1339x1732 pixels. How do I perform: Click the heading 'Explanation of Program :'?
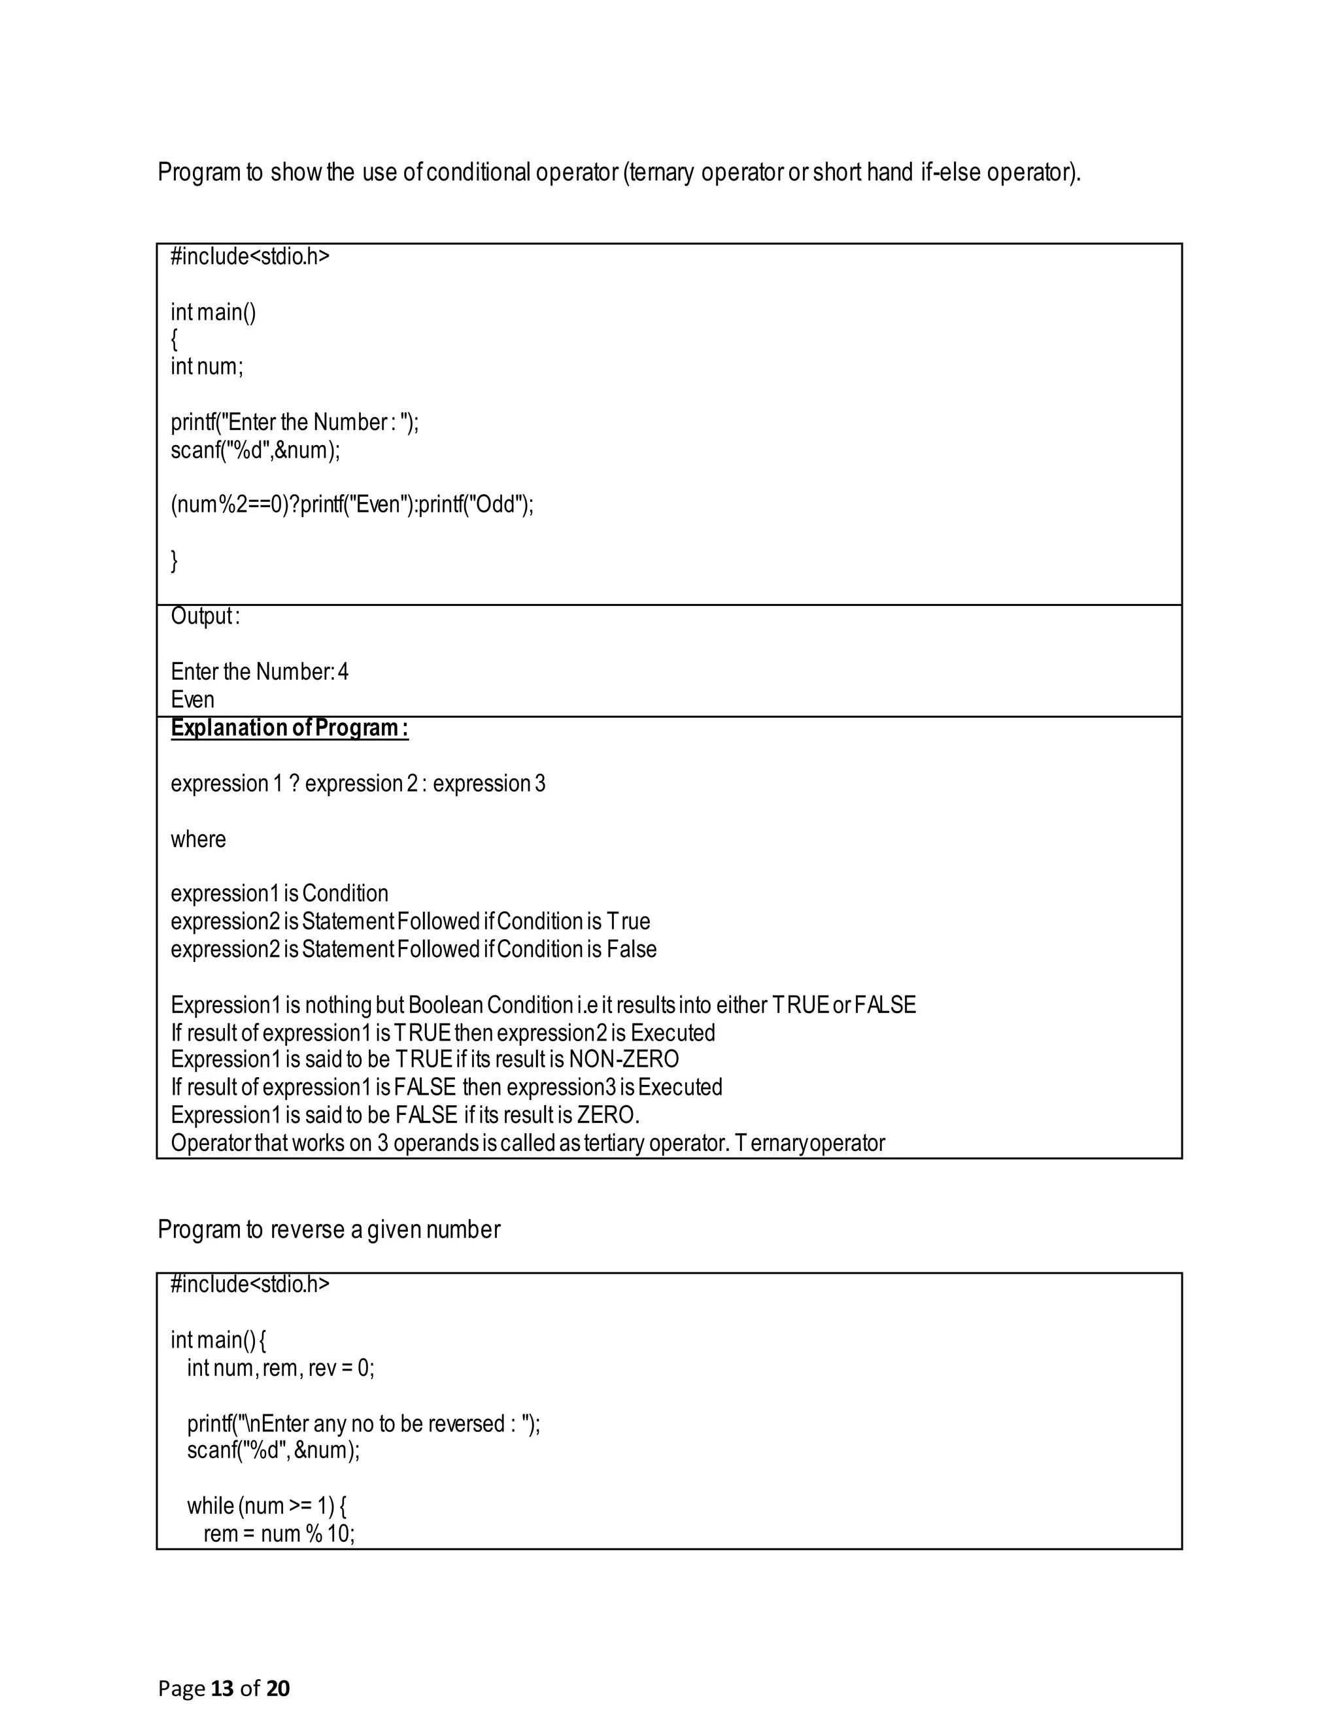point(290,728)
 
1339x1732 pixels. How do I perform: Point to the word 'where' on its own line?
point(198,839)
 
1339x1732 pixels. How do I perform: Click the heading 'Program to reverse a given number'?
point(328,1229)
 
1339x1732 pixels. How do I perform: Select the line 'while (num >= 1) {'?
point(267,1505)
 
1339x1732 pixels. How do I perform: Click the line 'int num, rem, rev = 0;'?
point(280,1367)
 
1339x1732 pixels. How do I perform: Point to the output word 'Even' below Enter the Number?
point(193,699)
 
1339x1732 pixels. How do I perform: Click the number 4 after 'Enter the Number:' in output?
point(343,673)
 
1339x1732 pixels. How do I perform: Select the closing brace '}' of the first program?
point(175,561)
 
